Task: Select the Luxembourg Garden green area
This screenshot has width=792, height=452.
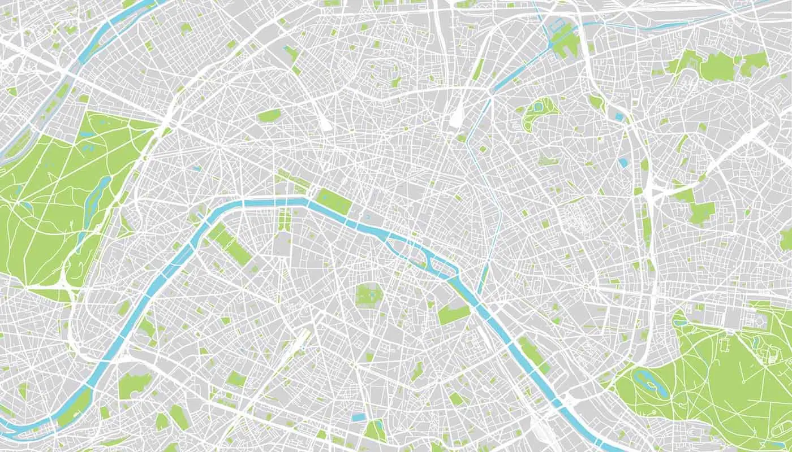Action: [369, 295]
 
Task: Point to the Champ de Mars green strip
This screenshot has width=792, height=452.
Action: [231, 244]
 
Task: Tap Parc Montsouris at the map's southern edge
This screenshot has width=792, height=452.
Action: [374, 431]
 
